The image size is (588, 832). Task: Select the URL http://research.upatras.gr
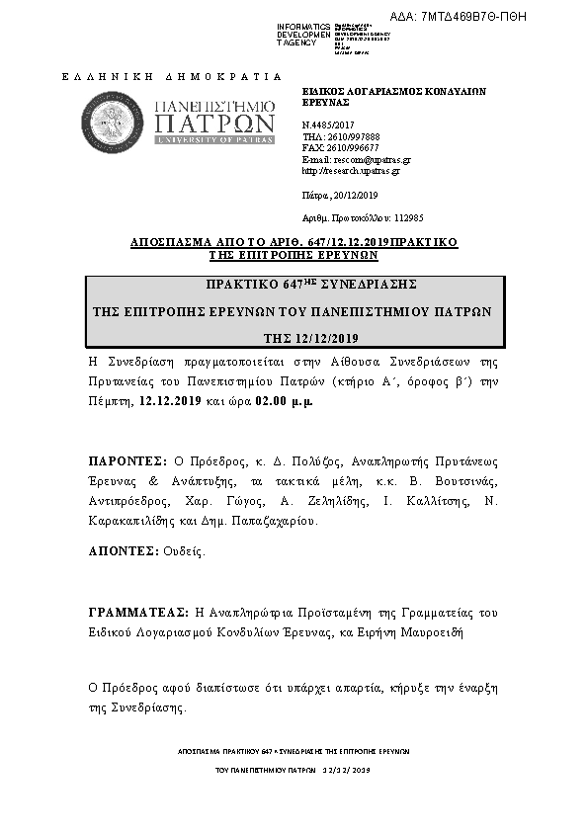350,170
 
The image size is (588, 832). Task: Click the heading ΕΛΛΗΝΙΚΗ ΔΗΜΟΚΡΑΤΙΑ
171,75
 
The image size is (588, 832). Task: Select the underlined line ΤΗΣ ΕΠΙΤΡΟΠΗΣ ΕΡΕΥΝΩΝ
293,254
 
